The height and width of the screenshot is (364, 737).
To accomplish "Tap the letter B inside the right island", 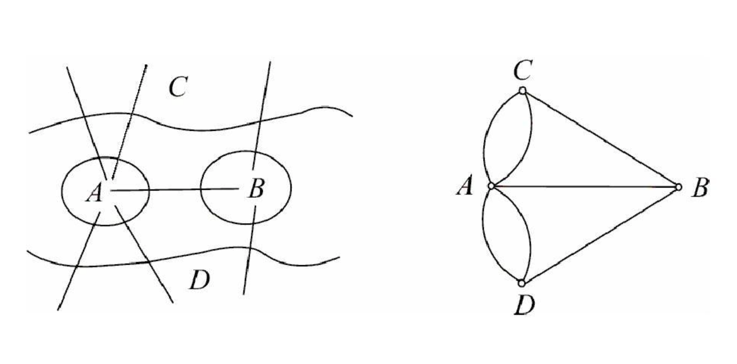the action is point(255,189).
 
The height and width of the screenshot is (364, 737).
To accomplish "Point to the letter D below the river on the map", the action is point(199,281).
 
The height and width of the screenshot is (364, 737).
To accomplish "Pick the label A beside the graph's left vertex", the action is point(464,186).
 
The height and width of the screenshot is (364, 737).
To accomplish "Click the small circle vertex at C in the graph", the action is point(522,91).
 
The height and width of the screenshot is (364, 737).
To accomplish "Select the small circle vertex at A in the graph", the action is point(491,186).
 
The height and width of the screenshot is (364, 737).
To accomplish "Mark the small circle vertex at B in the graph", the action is point(678,187).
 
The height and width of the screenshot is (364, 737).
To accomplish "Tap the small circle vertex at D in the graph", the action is point(521,283).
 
